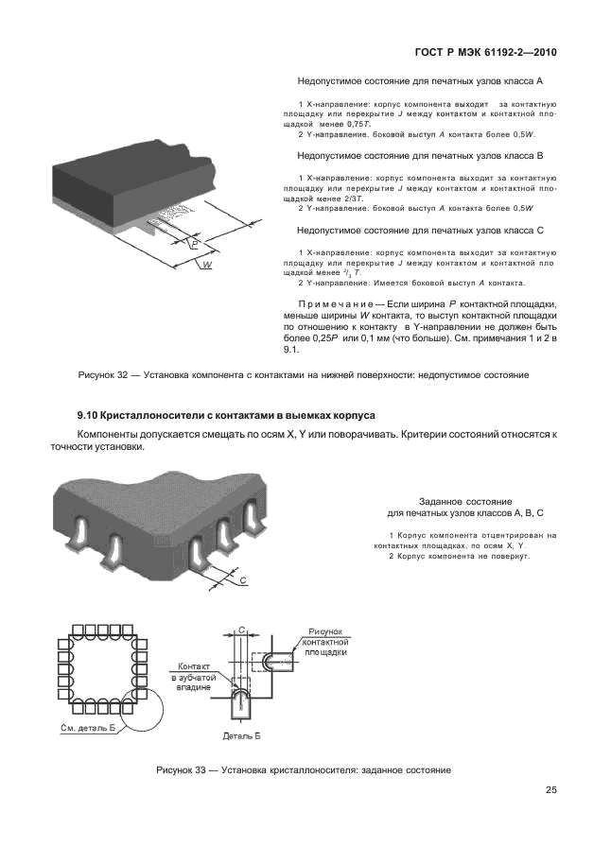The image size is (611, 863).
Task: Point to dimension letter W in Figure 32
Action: coord(205,268)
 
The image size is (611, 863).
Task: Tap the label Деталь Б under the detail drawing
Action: coord(240,734)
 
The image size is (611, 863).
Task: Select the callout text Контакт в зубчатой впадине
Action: coord(194,677)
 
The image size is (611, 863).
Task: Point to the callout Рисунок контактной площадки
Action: coord(325,643)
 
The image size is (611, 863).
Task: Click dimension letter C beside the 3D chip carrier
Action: coord(244,579)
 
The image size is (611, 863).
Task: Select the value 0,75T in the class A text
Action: coord(359,125)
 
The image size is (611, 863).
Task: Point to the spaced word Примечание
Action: coord(348,302)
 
